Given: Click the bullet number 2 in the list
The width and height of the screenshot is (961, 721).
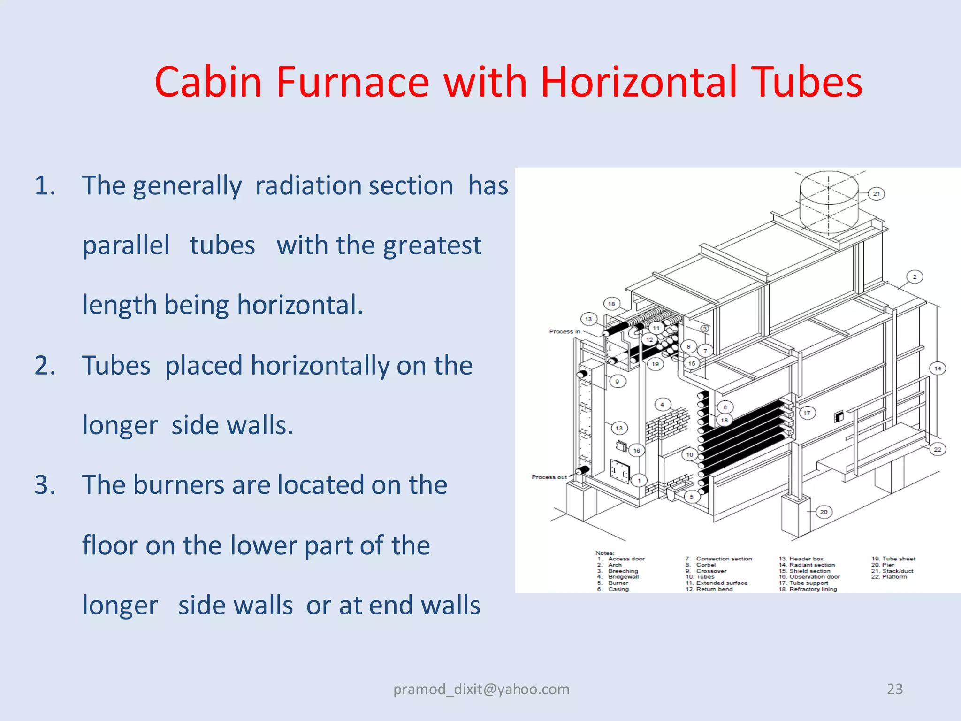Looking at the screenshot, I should point(45,366).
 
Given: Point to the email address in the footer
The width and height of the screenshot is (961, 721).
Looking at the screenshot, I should point(481,689).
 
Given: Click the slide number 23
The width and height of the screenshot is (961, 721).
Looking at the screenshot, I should point(894,689).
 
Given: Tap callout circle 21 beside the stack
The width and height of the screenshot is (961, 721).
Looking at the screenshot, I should point(877,193).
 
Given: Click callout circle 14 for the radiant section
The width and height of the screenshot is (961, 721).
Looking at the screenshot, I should point(938,368).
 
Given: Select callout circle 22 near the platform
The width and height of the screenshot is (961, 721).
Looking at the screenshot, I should point(937,449).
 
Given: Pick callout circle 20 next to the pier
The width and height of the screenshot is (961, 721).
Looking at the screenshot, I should point(824,512).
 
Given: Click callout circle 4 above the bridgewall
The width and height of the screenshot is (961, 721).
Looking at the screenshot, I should point(662,404).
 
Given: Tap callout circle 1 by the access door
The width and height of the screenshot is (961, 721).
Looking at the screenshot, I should point(639,480).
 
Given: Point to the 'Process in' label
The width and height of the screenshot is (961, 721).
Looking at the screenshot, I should point(564,331).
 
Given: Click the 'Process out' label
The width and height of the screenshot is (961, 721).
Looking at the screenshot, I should point(549,477).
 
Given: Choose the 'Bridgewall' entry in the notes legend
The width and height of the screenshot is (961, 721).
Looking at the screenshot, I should point(623,577).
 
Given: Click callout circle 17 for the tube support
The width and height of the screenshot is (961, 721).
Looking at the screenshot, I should point(807,413).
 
